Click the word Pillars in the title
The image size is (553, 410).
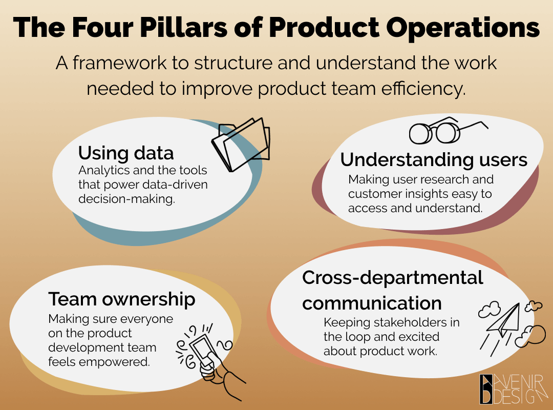tap(183, 27)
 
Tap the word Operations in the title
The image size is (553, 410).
tap(463, 28)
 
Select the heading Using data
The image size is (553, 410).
tap(126, 153)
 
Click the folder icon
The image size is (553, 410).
tap(241, 145)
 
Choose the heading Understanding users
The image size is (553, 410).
tap(434, 159)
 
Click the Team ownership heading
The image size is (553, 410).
tap(122, 299)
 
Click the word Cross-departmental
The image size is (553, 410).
tap(393, 278)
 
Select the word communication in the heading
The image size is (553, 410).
tap(372, 303)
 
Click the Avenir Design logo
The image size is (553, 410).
tap(514, 389)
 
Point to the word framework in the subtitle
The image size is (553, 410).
tap(119, 63)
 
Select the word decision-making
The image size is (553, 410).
tap(126, 199)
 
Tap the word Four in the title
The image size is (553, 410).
tap(102, 27)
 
